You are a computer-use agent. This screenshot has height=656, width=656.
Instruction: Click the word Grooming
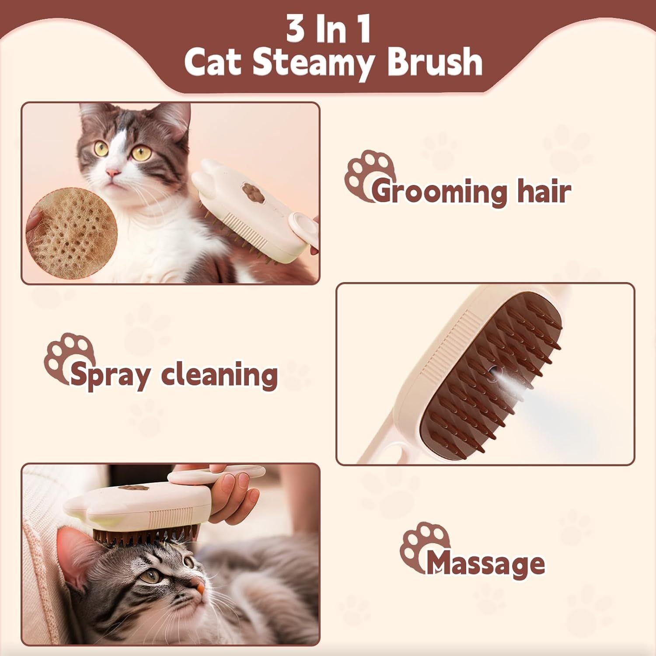coord(440,191)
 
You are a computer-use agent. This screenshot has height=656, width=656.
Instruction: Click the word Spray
coord(111,375)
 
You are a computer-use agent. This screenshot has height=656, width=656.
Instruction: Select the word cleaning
coord(219,375)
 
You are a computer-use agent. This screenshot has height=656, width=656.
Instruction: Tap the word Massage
coord(486,564)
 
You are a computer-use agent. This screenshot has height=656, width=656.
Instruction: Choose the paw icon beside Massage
coord(422,544)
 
